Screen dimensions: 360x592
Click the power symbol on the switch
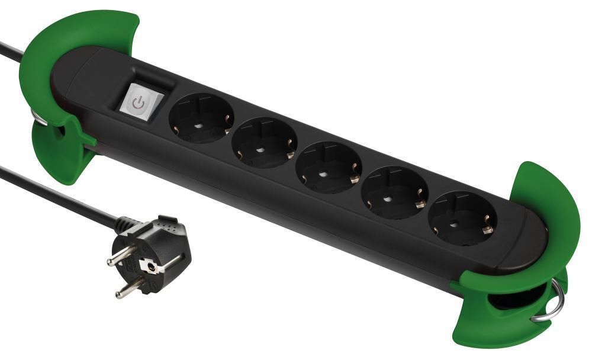click(x=138, y=103)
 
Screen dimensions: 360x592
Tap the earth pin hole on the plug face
click(x=154, y=267)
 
